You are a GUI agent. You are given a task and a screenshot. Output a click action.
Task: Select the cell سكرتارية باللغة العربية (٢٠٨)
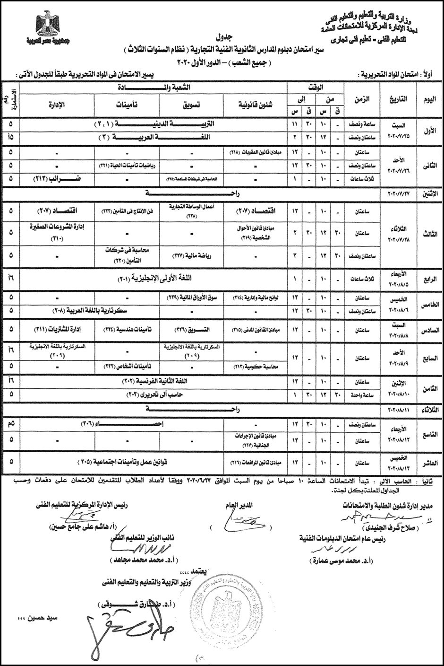point(94,311)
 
